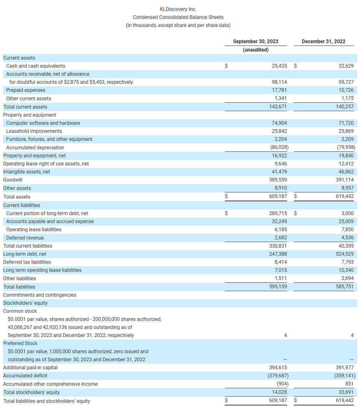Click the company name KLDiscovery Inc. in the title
178,9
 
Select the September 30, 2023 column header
256,42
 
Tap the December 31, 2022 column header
323,42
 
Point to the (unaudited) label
256,50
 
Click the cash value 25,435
279,66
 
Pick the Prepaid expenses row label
26,90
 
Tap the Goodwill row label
13,180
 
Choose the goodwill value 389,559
278,180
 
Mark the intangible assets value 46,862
346,172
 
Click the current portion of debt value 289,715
278,213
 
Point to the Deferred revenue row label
25,238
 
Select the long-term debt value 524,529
345,254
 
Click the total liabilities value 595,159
278,287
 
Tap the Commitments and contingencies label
40,295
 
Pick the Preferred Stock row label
20,344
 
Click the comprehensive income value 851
349,384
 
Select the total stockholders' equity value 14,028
279,392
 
